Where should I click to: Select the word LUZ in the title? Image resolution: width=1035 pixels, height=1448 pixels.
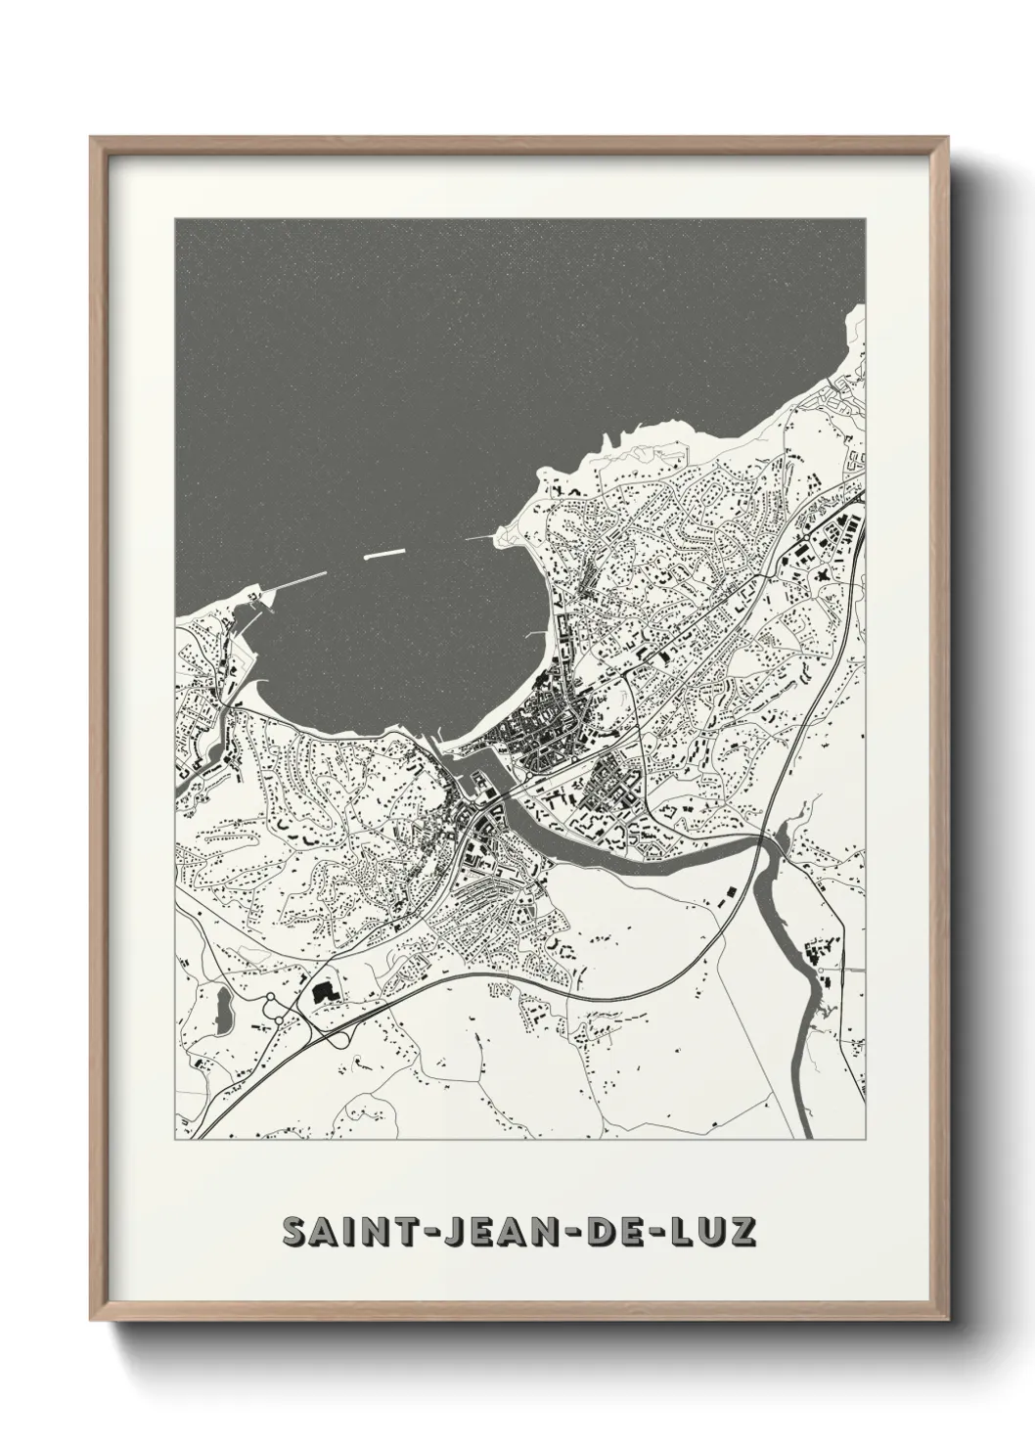point(712,1230)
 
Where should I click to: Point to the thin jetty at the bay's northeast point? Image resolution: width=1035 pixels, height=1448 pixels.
point(480,537)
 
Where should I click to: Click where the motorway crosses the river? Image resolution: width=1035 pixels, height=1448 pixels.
point(766,839)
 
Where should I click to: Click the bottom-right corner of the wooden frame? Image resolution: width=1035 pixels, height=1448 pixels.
point(946,1312)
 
